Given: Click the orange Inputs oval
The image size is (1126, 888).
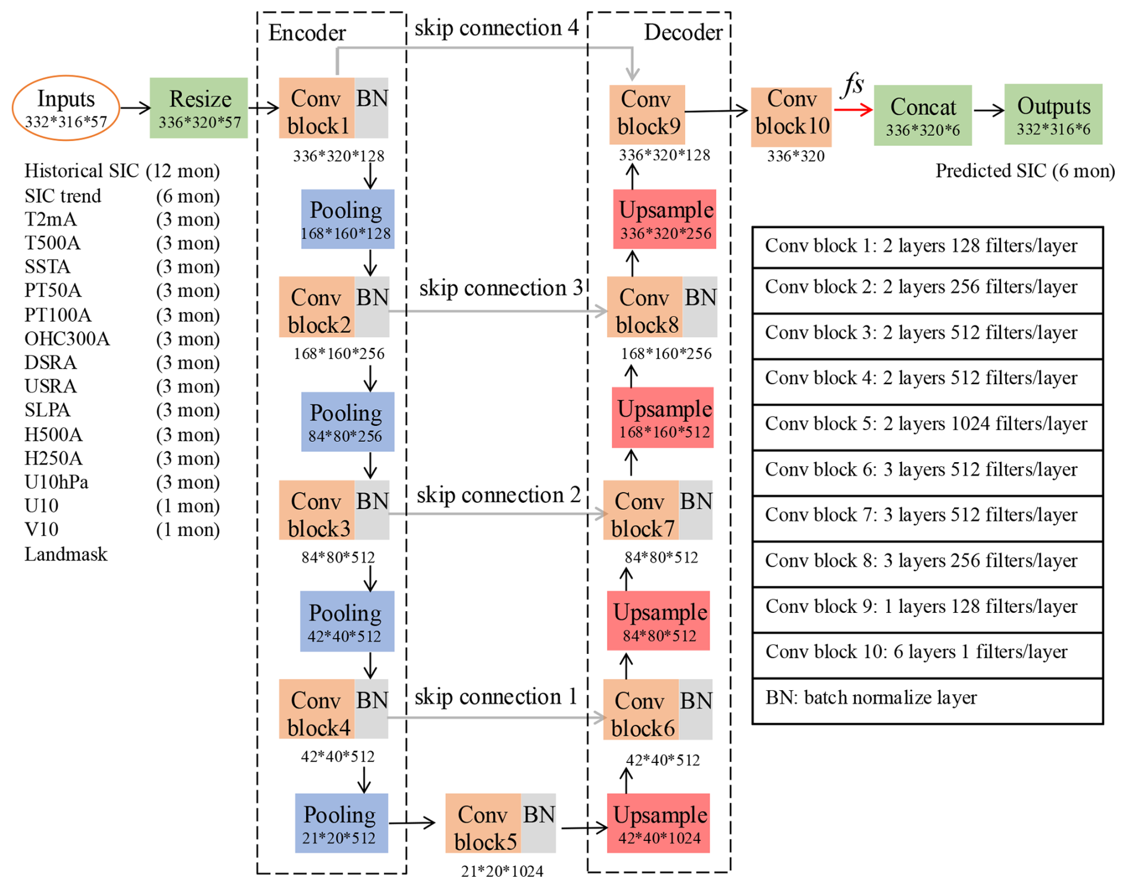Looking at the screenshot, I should [x=65, y=108].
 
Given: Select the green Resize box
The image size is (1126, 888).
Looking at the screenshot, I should [x=199, y=108].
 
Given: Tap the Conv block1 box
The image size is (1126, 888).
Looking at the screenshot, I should [x=317, y=108].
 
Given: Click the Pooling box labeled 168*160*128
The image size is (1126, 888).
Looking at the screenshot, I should [x=347, y=219].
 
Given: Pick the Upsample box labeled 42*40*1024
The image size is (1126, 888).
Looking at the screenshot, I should [x=659, y=823].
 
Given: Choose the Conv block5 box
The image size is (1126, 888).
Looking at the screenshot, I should [x=483, y=823].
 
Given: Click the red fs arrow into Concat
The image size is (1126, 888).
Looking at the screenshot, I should [x=853, y=110].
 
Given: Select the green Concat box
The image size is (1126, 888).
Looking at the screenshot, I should [x=922, y=115].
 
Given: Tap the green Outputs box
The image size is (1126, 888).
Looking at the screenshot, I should [x=1053, y=114].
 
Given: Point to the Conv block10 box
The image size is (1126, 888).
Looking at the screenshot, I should [x=791, y=117].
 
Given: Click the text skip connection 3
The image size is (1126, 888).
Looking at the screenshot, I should [x=501, y=288].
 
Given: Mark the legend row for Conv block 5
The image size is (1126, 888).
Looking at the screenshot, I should [x=927, y=424].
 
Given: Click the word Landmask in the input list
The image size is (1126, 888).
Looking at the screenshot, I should [x=66, y=554].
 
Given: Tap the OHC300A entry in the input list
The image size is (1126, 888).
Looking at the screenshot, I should [x=67, y=339].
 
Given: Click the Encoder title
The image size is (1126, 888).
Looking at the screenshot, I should [x=307, y=33].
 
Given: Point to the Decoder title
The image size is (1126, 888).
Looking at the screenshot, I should [x=683, y=32].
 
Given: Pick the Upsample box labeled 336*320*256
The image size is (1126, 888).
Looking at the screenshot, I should [x=665, y=219].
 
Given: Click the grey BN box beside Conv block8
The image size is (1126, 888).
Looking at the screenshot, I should [x=700, y=306].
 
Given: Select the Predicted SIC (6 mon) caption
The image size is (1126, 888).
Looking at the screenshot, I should [x=1025, y=171].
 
